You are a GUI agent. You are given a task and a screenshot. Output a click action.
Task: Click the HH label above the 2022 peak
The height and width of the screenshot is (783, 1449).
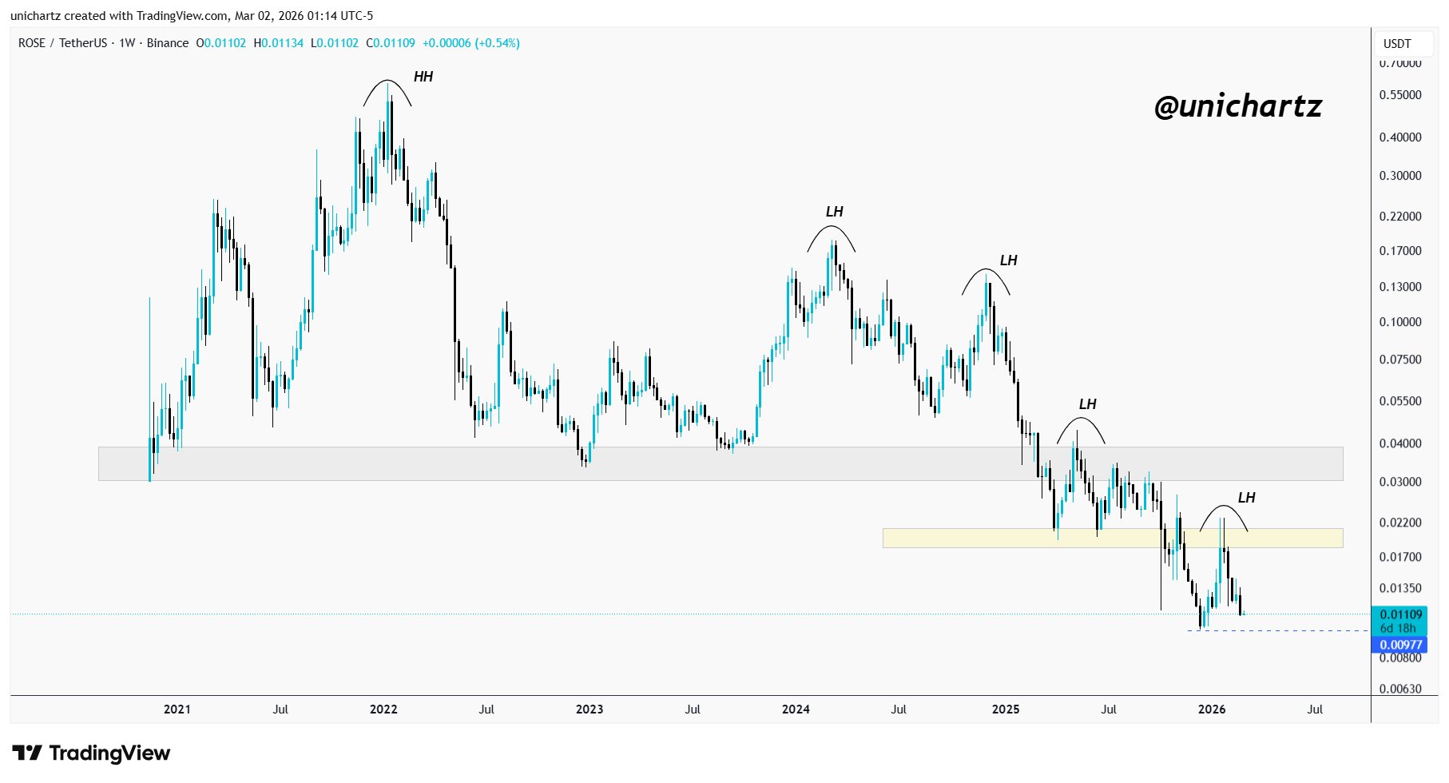423,77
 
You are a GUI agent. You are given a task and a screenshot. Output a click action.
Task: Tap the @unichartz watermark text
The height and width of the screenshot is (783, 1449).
1237,106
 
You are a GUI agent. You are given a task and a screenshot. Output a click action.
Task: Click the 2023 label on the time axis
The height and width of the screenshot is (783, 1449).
590,709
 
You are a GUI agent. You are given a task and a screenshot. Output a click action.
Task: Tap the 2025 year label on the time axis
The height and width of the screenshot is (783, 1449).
1005,709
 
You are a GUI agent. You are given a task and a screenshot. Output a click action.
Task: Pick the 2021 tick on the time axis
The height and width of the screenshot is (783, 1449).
177,709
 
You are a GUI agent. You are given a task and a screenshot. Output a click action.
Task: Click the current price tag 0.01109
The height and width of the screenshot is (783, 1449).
1401,614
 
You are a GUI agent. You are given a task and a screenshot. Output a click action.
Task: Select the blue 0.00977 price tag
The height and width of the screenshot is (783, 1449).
1401,645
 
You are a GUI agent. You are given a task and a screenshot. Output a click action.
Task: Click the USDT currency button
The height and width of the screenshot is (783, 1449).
1397,44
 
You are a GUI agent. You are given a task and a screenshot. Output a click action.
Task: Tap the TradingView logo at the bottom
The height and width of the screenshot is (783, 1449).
92,753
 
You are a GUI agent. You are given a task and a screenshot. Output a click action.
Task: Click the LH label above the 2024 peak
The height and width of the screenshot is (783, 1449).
834,212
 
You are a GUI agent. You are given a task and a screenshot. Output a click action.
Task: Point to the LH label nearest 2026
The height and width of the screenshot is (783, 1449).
1246,498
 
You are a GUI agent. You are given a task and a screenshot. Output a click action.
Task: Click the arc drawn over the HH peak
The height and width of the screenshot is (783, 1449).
387,82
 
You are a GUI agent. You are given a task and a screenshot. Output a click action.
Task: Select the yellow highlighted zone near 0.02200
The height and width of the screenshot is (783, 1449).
1112,538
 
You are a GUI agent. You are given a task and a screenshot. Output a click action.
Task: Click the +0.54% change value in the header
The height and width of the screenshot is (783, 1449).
497,43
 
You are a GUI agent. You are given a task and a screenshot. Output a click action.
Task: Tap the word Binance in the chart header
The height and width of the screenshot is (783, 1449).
168,43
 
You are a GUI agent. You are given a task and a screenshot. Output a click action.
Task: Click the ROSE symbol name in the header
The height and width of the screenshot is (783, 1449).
32,43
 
